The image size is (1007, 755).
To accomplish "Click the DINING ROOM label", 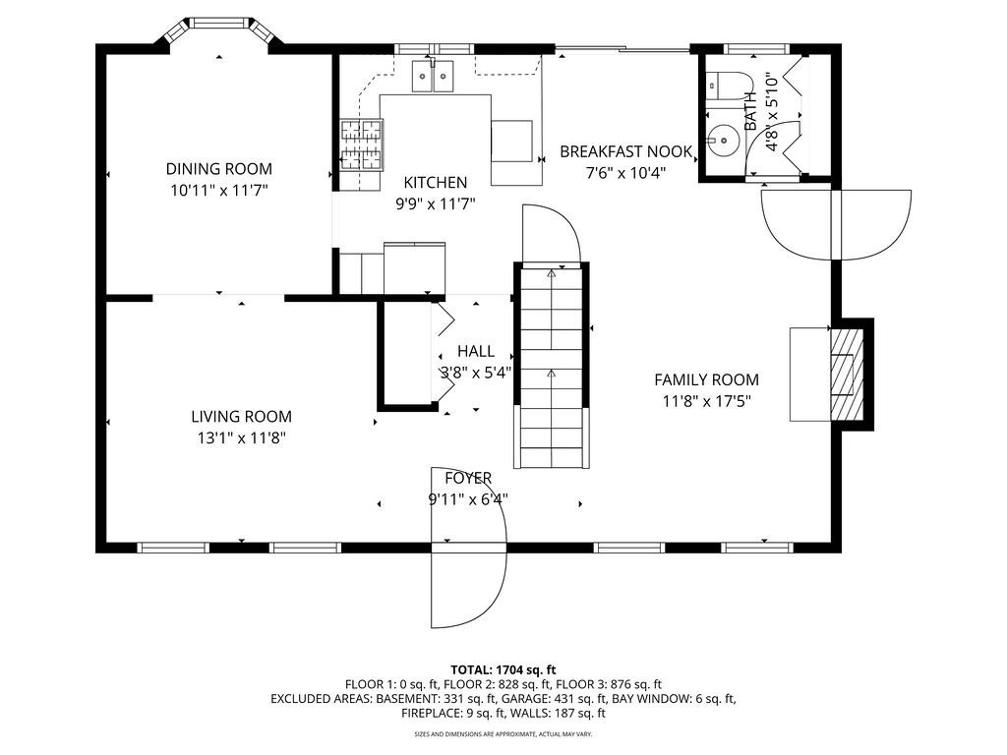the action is point(219,169).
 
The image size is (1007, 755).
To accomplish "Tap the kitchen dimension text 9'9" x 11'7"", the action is point(435,204).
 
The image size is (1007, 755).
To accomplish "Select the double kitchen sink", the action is point(433,76).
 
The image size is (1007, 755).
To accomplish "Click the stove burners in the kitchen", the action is point(361,145).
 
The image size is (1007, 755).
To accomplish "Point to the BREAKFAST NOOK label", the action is point(626,152).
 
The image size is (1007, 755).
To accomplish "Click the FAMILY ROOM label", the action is point(706,380).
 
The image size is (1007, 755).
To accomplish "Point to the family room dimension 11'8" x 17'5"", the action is point(706,402).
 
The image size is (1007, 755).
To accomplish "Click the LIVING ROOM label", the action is point(242,417).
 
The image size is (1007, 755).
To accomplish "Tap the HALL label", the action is point(476,351).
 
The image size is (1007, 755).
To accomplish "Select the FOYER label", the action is point(469,479).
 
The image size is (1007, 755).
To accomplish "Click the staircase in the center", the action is point(552,366).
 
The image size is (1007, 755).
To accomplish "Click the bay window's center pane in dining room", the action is point(218,24).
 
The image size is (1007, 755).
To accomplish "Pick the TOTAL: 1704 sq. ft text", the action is point(503,670).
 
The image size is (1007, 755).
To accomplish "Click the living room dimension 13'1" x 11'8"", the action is point(242,438).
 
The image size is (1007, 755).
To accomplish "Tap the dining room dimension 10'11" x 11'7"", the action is point(219,191).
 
